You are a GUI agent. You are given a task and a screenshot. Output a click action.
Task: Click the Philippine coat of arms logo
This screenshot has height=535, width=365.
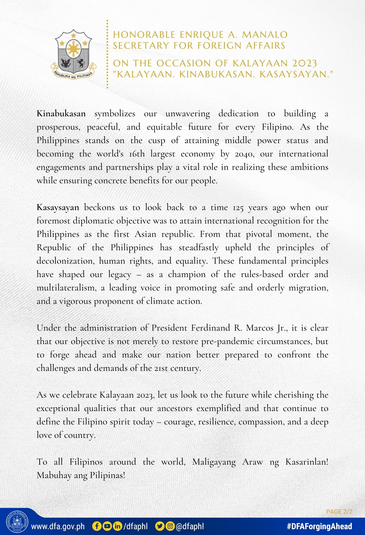pyautogui.click(x=73, y=55)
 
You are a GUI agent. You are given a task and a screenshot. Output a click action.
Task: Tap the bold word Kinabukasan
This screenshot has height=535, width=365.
pyautogui.click(x=61, y=114)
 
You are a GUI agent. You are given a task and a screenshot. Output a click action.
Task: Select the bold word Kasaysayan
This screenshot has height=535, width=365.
pyautogui.click(x=58, y=208)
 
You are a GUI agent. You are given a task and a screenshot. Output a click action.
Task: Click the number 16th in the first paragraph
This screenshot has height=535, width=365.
pyautogui.click(x=137, y=154)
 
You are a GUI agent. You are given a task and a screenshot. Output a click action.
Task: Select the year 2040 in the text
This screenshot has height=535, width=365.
pyautogui.click(x=244, y=154)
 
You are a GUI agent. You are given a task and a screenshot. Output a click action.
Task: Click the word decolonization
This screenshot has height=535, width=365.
pyautogui.click(x=65, y=261)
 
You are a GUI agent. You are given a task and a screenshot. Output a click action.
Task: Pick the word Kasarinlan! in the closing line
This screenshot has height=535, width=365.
pyautogui.click(x=307, y=462)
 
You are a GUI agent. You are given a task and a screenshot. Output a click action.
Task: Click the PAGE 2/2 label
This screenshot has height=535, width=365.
pyautogui.click(x=339, y=512)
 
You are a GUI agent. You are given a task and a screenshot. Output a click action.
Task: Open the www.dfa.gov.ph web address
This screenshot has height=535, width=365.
pyautogui.click(x=58, y=526)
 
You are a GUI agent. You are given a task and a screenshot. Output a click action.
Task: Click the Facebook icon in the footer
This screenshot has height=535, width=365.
pyautogui.click(x=97, y=526)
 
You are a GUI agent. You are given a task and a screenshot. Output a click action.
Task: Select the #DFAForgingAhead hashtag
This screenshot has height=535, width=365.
pyautogui.click(x=319, y=526)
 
